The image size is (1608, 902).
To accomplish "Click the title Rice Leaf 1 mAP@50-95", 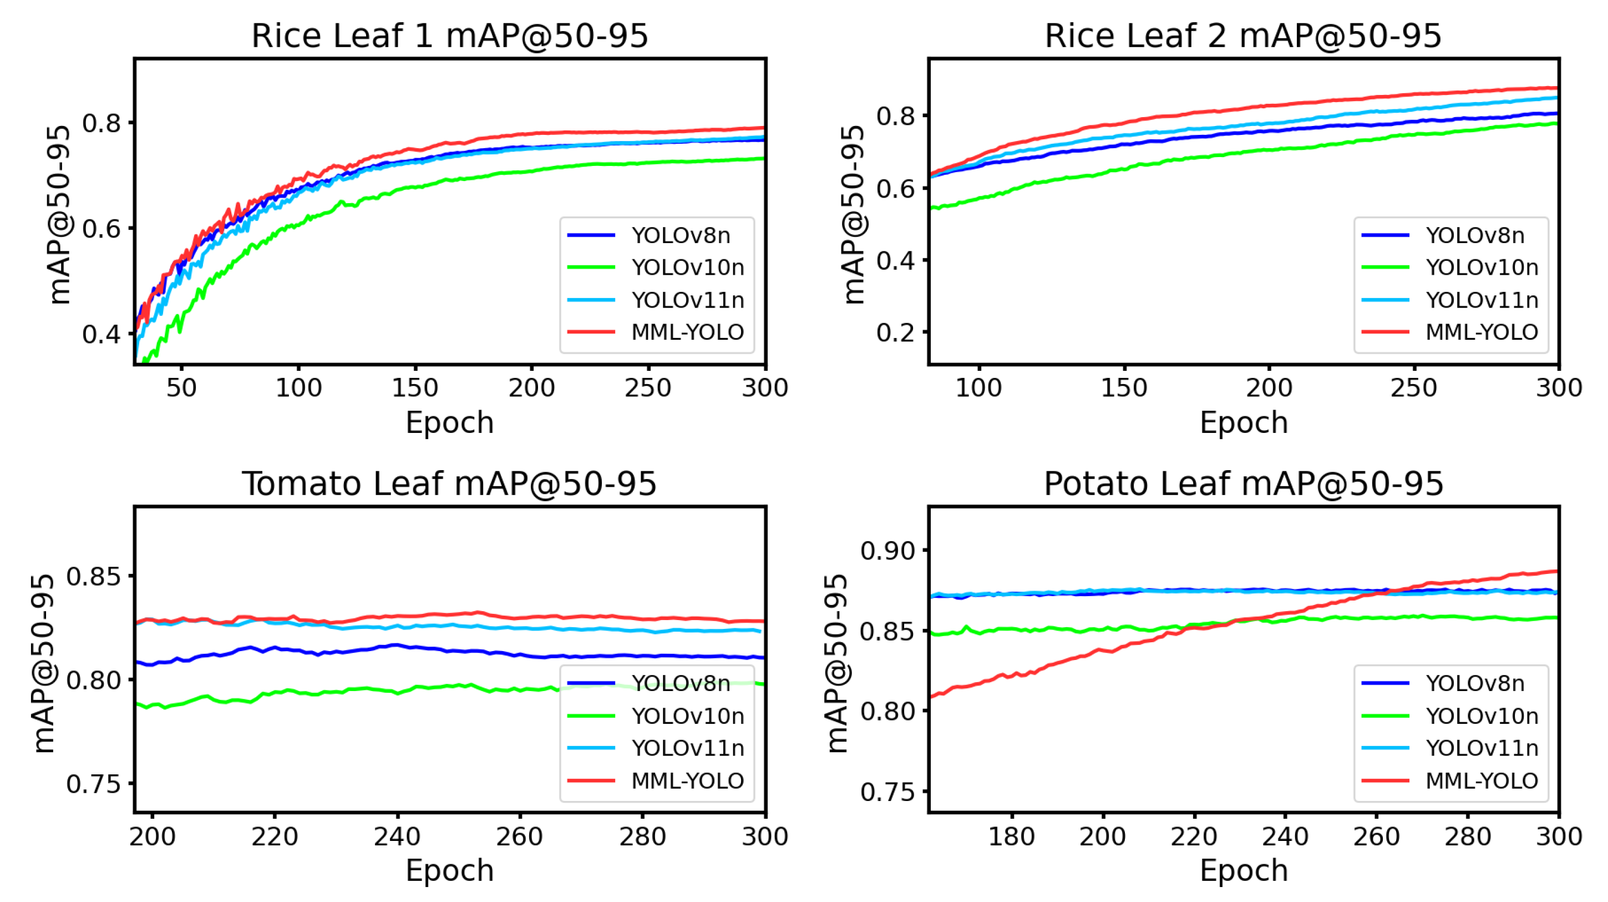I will point(449,36).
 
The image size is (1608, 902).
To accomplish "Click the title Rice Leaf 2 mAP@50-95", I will point(1243,36).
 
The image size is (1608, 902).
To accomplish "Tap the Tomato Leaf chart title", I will point(449,483).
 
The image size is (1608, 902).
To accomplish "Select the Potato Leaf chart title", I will point(1243,483).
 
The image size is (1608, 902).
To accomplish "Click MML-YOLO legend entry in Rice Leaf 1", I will point(687,332).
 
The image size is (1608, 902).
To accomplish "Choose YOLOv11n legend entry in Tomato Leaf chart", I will point(687,748).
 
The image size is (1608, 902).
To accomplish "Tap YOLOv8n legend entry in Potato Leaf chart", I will point(1474,683).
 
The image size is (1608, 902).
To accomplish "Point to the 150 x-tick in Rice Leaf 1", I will point(414,388).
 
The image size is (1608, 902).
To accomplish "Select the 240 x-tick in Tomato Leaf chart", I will point(397,837).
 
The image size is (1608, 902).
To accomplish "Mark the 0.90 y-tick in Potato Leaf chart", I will point(887,551).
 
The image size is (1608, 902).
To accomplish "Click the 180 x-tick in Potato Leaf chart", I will point(1011,837).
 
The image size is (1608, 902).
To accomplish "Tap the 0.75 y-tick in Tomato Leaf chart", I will point(94,784).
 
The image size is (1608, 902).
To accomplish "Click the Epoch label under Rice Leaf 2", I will point(1244,423).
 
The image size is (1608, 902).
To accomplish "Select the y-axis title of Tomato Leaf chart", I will point(43,663).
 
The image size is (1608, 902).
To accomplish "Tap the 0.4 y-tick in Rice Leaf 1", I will point(101,334).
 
